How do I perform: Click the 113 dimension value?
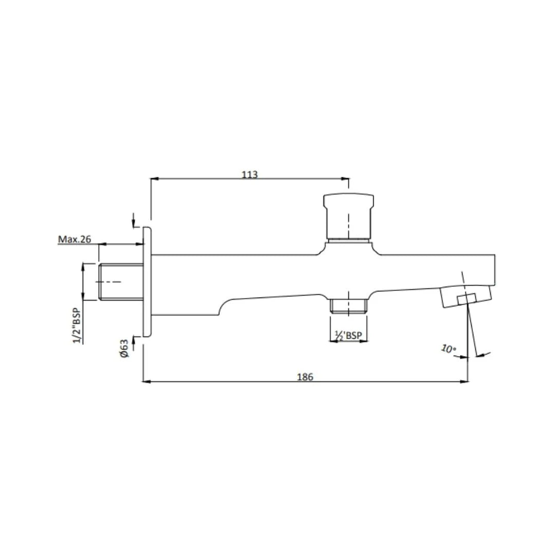pyautogui.click(x=249, y=174)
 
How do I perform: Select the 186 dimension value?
pyautogui.click(x=305, y=377)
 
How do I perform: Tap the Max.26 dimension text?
pyautogui.click(x=75, y=239)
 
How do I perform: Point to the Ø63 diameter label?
pyautogui.click(x=124, y=349)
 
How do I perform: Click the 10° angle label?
pyautogui.click(x=448, y=349)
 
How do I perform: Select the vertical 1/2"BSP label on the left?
pyautogui.click(x=76, y=326)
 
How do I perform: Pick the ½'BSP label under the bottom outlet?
pyautogui.click(x=348, y=336)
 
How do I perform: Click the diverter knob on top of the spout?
pyautogui.click(x=348, y=215)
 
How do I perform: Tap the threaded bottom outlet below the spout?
pyautogui.click(x=349, y=305)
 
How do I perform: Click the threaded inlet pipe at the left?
pyautogui.click(x=120, y=282)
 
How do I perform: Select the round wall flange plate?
pyautogui.click(x=147, y=282)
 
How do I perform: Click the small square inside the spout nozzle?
pyautogui.click(x=466, y=299)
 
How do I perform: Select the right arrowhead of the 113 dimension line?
pyautogui.click(x=346, y=179)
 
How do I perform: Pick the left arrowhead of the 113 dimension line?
pyautogui.click(x=153, y=179)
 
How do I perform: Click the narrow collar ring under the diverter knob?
pyautogui.click(x=348, y=239)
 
